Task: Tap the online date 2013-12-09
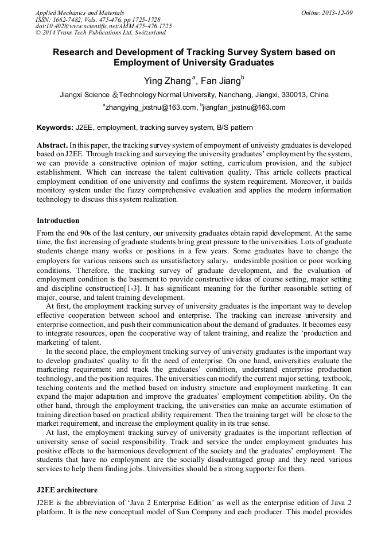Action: point(337,12)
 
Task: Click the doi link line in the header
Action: point(103,26)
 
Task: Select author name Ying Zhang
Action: point(166,81)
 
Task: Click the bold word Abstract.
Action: point(52,145)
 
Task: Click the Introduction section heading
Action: point(58,221)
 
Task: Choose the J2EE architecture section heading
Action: point(67,490)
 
